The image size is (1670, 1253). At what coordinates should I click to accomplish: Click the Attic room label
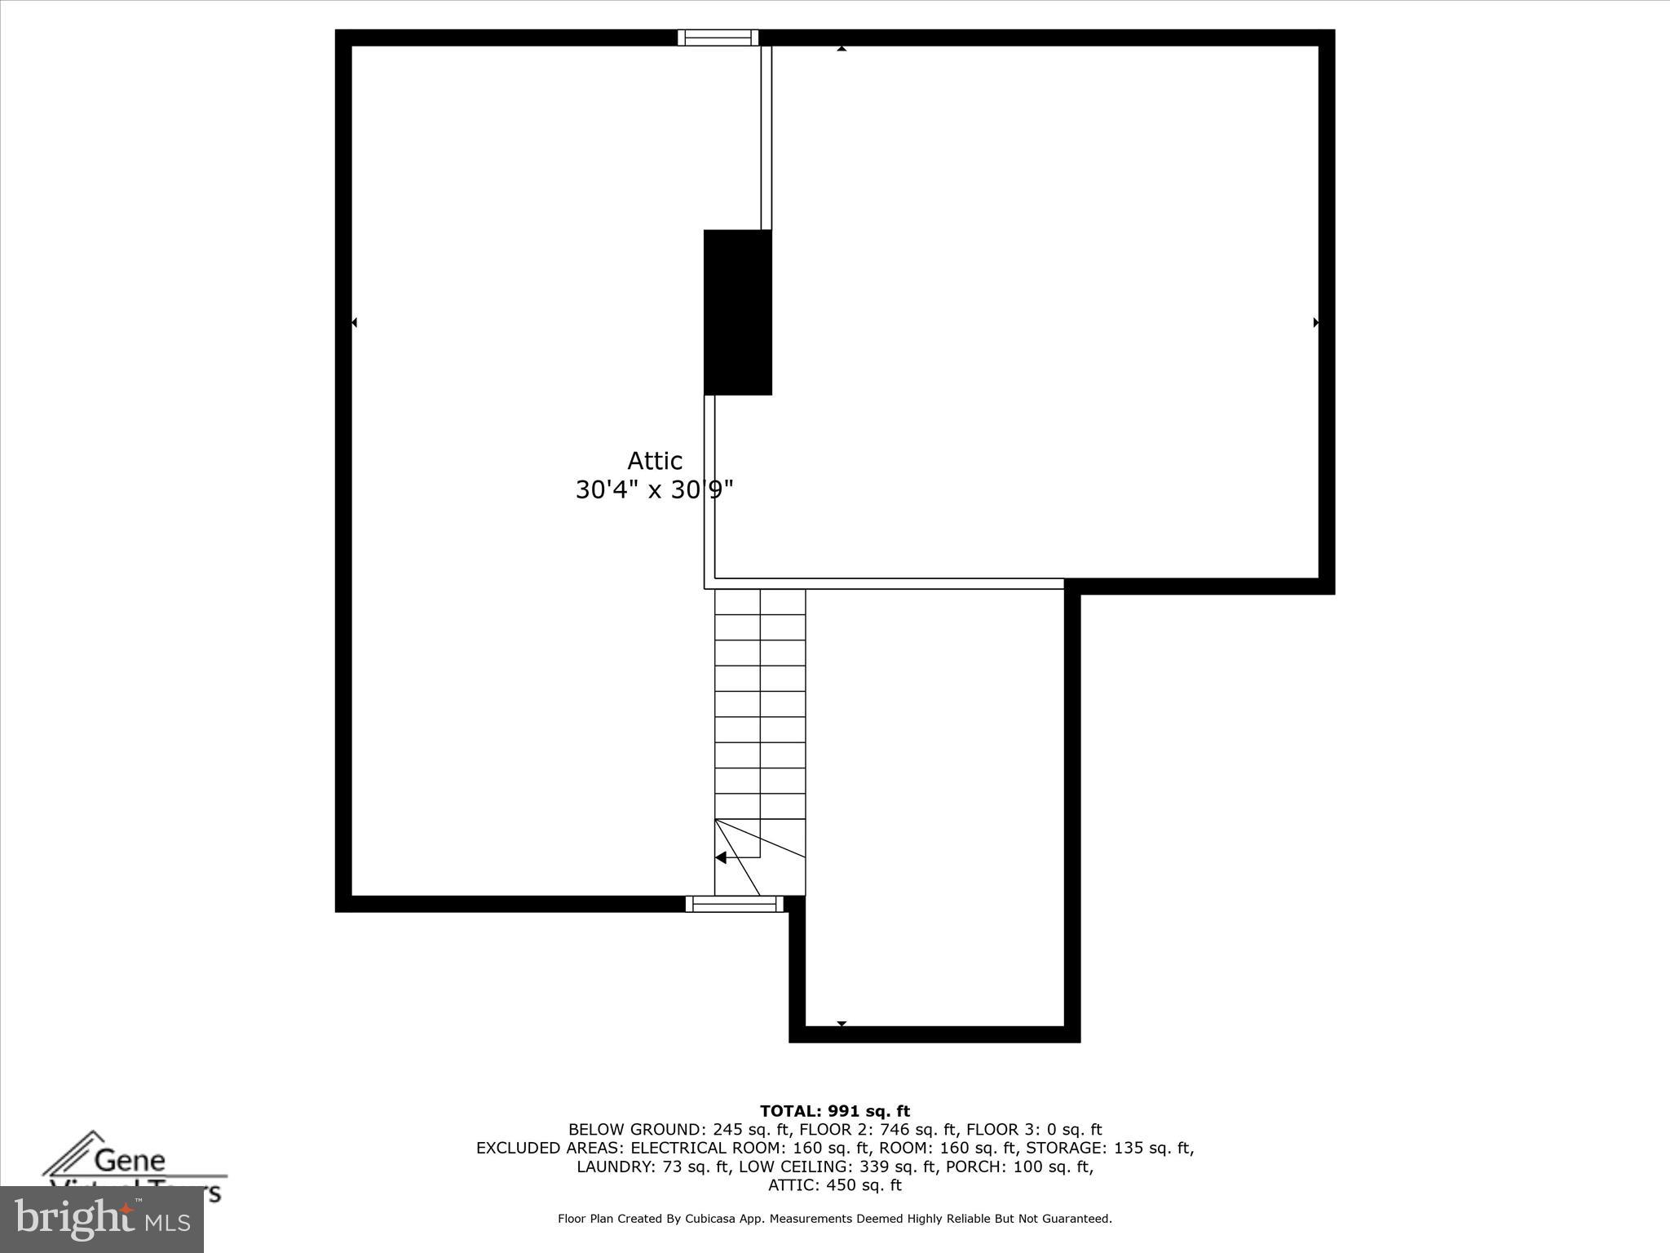pyautogui.click(x=654, y=461)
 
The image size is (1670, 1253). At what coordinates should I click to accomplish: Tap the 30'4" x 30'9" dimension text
pyautogui.click(x=654, y=490)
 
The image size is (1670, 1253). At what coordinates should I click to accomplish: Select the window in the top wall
pyautogui.click(x=718, y=38)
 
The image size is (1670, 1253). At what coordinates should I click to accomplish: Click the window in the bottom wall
pyautogui.click(x=734, y=904)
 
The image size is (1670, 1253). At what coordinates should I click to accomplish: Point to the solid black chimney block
pyautogui.click(x=737, y=312)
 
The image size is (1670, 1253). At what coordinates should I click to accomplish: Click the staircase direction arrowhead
pyautogui.click(x=721, y=857)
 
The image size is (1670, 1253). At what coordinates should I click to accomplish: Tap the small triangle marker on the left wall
pyautogui.click(x=354, y=323)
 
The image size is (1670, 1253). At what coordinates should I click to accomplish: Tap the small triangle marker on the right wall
pyautogui.click(x=1315, y=323)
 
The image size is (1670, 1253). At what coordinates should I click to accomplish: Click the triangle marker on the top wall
pyautogui.click(x=842, y=49)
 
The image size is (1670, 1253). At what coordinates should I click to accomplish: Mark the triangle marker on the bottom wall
pyautogui.click(x=842, y=1023)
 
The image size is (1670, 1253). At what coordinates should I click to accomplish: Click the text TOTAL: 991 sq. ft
pyautogui.click(x=835, y=1111)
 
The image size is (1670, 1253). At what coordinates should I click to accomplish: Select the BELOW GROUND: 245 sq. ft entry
pyautogui.click(x=679, y=1130)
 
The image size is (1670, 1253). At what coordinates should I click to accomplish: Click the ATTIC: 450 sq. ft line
pyautogui.click(x=835, y=1185)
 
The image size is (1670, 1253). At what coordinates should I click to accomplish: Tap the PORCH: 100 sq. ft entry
pyautogui.click(x=1052, y=1167)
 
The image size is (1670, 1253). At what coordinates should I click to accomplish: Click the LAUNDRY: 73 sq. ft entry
pyautogui.click(x=652, y=1167)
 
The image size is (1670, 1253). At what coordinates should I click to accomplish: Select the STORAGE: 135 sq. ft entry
pyautogui.click(x=1109, y=1149)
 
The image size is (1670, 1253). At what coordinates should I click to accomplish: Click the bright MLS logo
pyautogui.click(x=102, y=1220)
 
